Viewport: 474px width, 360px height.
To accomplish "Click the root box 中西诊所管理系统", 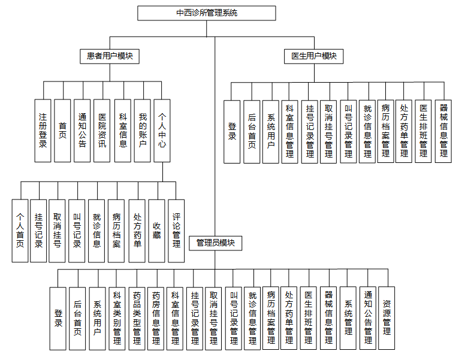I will click(x=207, y=13).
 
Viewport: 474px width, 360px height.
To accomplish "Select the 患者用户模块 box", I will click(x=110, y=56).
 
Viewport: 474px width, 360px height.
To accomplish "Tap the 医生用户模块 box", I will click(x=314, y=56).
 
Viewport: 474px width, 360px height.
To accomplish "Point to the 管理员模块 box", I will click(x=215, y=243).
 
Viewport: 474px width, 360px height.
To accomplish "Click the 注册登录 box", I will click(x=43, y=131).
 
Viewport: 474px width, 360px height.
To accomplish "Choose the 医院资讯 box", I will click(x=102, y=131).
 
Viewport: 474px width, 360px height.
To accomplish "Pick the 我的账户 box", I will click(x=142, y=131).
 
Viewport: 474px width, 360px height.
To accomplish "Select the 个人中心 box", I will click(x=162, y=131).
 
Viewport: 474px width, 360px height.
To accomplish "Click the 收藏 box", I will click(x=156, y=231).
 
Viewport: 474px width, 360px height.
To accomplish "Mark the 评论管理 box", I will click(x=176, y=231).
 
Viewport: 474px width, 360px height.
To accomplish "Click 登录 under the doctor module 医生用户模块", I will click(x=232, y=131).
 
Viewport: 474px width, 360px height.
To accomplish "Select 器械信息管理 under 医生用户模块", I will click(x=443, y=131).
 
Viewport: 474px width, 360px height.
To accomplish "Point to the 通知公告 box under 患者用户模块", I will click(x=82, y=131).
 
